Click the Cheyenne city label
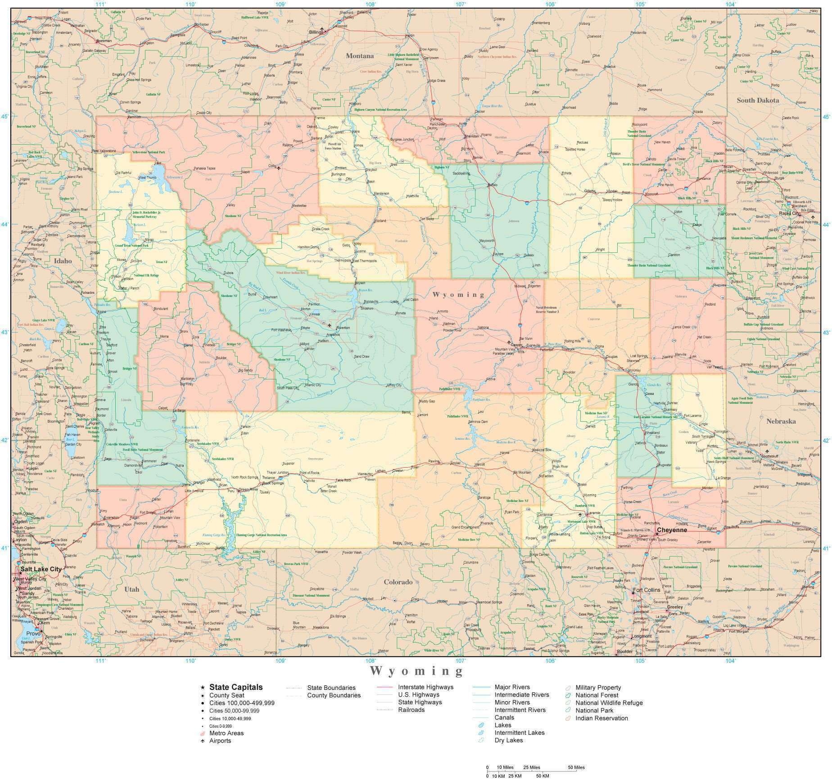point(672,530)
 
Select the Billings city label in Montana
point(317,32)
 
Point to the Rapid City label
point(790,214)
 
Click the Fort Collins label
point(647,590)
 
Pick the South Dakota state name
point(758,100)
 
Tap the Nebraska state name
point(781,421)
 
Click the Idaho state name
point(63,260)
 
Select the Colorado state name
point(398,582)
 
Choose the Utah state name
point(131,589)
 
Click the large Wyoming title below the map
point(416,671)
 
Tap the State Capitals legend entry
point(236,687)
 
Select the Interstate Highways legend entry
point(425,687)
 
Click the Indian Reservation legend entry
point(601,718)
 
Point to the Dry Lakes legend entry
point(509,740)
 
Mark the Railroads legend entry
point(411,710)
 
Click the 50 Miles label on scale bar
point(576,767)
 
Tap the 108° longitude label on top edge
point(371,4)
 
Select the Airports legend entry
point(220,740)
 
